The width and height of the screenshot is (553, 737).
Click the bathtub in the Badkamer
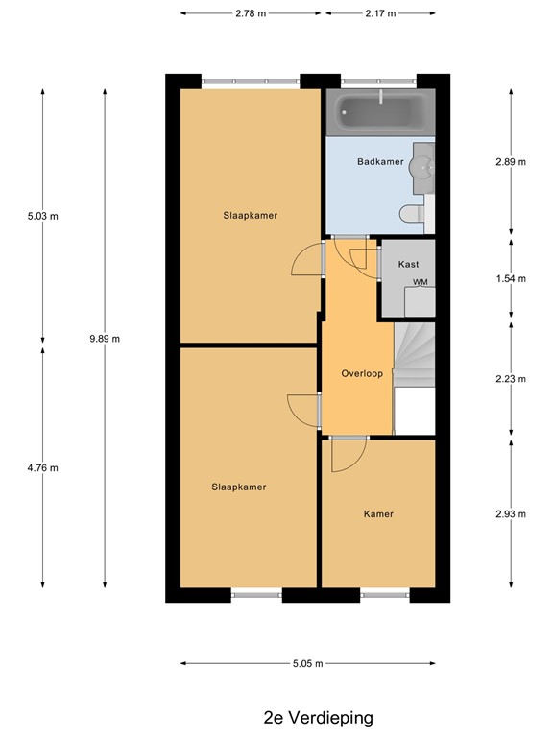pos(380,115)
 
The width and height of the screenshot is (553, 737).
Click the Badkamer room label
pos(380,161)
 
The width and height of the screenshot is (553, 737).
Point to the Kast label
pos(408,263)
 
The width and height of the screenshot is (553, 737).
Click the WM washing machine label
pos(420,282)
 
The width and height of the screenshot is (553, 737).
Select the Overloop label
pos(362,373)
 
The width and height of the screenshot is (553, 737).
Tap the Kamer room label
pos(378,514)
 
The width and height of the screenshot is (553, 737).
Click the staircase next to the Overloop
pos(415,355)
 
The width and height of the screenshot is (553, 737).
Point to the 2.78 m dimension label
pos(251,14)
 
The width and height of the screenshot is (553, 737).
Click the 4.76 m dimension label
pos(43,468)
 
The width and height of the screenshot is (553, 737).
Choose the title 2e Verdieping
pos(318,717)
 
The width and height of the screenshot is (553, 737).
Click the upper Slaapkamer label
pos(251,216)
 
